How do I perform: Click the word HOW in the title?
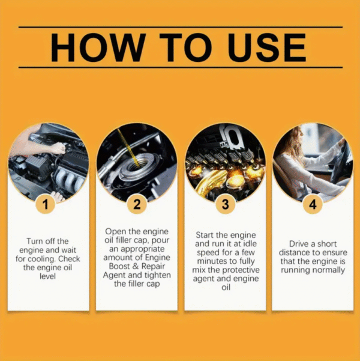(97, 47)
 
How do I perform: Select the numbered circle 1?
(48, 204)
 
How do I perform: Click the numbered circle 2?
(136, 204)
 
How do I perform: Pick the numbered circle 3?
(224, 204)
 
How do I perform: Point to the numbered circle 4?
(312, 204)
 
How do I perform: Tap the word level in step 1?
(48, 278)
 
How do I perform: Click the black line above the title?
(180, 27)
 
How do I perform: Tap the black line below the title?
(180, 67)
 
